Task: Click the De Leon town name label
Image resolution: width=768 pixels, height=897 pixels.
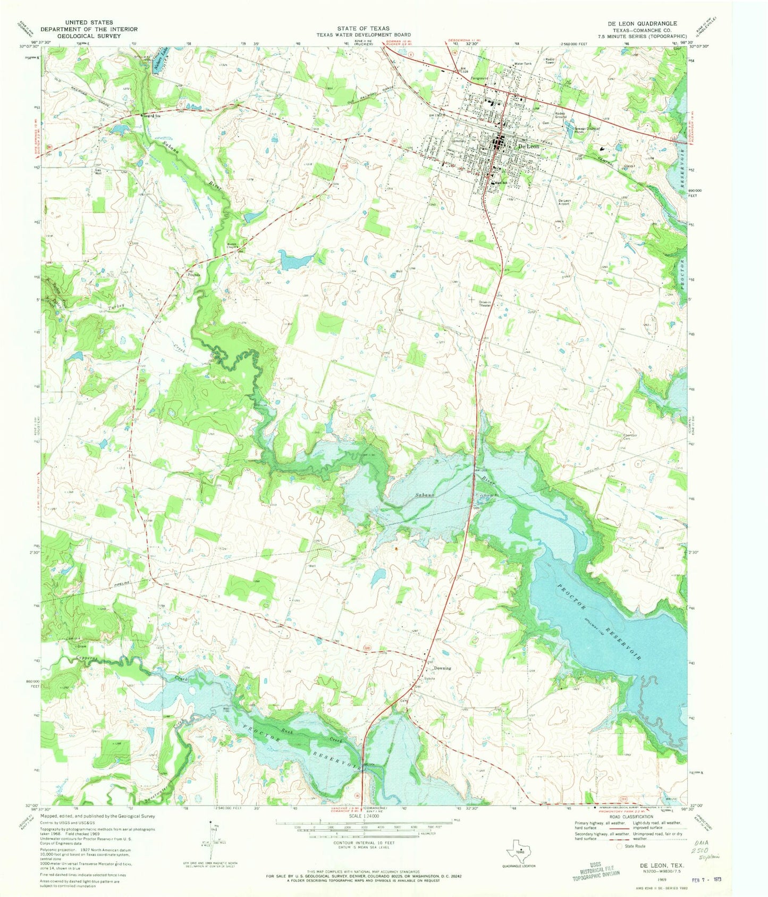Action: coord(528,146)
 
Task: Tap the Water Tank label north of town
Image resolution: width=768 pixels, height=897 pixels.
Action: coord(522,64)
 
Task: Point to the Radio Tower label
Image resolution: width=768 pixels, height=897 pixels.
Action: coord(550,61)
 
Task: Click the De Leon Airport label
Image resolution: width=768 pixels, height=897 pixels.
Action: coord(564,202)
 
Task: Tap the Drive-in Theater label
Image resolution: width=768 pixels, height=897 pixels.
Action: coord(484,304)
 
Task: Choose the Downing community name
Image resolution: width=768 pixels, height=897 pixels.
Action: coord(442,668)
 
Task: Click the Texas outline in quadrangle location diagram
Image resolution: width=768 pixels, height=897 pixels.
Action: coord(517,852)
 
